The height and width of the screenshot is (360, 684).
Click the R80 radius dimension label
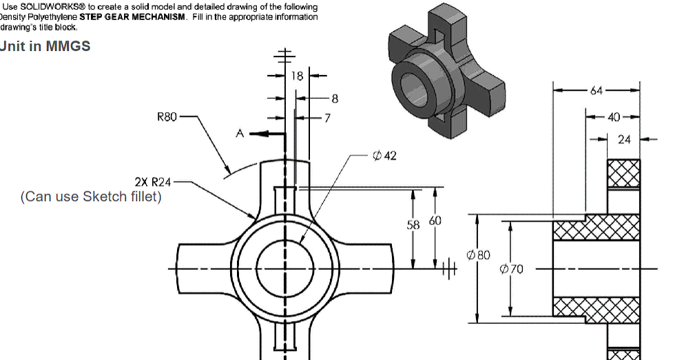(x=167, y=118)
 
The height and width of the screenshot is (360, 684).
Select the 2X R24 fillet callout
(x=152, y=182)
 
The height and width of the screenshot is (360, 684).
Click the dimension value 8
(x=335, y=99)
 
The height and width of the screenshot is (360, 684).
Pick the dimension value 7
(x=327, y=118)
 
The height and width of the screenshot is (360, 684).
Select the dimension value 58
(x=413, y=225)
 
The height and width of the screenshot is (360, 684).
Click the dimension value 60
(x=436, y=221)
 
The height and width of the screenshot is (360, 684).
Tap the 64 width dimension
(x=597, y=90)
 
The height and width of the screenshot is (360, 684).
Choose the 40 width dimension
(x=614, y=117)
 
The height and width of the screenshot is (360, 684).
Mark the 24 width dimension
(x=624, y=140)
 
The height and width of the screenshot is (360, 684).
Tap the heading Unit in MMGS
(x=45, y=46)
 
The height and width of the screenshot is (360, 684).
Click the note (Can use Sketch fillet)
(x=91, y=197)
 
